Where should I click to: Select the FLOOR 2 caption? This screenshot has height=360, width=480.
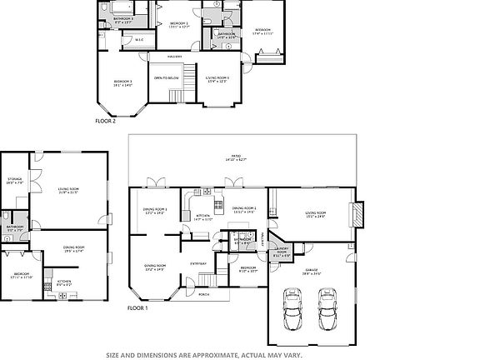click(105, 121)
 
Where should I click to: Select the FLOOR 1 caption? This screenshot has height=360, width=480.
click(137, 307)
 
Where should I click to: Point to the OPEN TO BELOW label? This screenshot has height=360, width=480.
click(167, 77)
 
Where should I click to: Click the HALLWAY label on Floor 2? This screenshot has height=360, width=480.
click(174, 56)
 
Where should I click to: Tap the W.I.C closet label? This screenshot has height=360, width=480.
click(138, 39)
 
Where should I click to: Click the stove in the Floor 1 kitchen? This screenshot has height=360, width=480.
click(218, 205)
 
